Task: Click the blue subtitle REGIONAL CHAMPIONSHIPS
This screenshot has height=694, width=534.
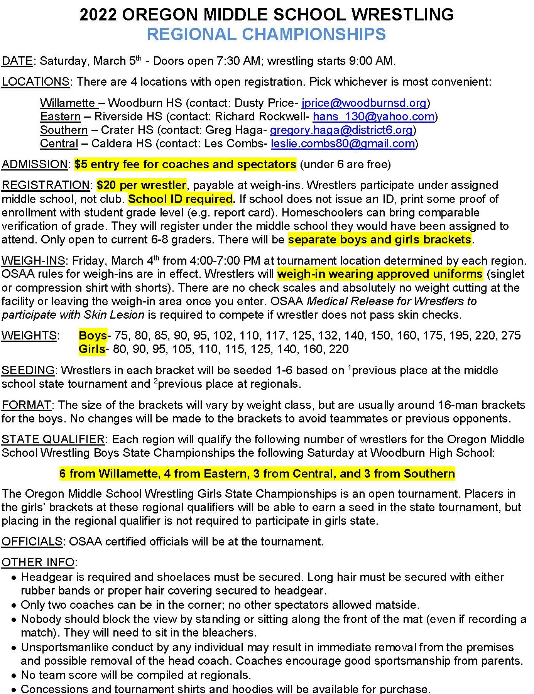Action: click(x=266, y=34)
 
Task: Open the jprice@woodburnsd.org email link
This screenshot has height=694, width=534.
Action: click(x=364, y=103)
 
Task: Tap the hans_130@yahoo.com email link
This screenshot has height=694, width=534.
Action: click(x=373, y=117)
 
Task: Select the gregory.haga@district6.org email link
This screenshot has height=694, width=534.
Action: click(x=341, y=130)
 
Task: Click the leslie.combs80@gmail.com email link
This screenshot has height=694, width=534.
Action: click(x=343, y=144)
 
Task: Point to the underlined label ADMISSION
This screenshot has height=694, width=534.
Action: click(x=35, y=164)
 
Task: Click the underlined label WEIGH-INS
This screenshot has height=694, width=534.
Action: click(x=33, y=261)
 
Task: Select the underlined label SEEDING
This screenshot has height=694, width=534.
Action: click(x=28, y=370)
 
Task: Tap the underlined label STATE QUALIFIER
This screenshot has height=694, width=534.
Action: click(x=53, y=439)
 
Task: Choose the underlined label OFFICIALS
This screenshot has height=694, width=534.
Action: click(x=32, y=542)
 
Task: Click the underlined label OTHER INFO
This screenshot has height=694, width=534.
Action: click(x=38, y=562)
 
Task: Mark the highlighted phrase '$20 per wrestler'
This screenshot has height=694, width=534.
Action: click(x=141, y=185)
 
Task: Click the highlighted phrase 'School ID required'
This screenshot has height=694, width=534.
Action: click(x=181, y=199)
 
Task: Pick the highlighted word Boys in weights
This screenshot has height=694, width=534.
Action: click(x=93, y=336)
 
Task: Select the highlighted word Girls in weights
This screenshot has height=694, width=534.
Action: click(x=92, y=349)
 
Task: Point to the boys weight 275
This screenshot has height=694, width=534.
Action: click(x=511, y=336)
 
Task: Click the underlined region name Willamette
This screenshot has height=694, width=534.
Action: click(x=68, y=103)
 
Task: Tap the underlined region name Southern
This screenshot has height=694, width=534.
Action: click(x=64, y=130)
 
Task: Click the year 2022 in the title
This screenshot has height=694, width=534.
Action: click(x=98, y=15)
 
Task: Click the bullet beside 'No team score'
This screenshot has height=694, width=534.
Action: click(x=14, y=675)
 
